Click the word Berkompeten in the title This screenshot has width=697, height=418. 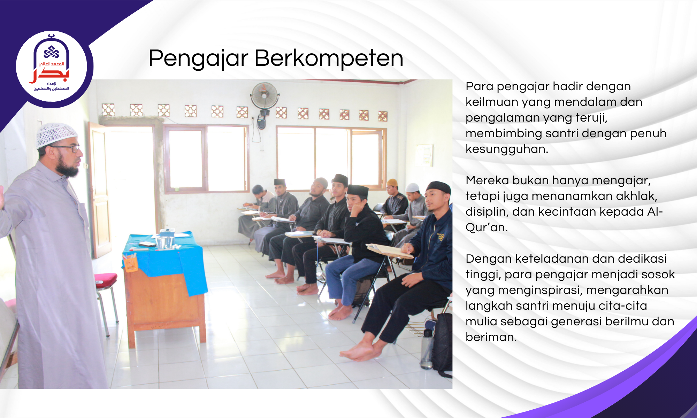[329, 58]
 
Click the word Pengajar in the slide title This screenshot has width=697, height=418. [198, 58]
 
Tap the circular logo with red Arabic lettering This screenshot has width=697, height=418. [52, 67]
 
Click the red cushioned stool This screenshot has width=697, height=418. [106, 280]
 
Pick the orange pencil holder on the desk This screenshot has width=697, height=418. [130, 263]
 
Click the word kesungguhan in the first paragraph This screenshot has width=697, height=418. [506, 149]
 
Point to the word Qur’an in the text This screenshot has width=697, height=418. [487, 227]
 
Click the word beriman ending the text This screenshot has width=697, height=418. [491, 337]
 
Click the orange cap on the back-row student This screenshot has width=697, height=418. [392, 182]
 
